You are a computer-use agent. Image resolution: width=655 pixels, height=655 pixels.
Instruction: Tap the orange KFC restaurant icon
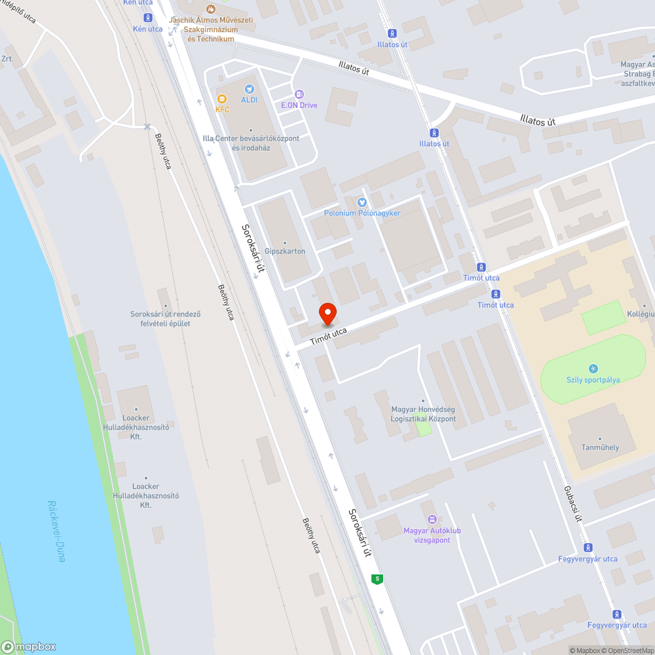coord(222,99)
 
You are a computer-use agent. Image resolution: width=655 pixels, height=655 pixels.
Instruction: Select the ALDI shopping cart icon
coord(249,89)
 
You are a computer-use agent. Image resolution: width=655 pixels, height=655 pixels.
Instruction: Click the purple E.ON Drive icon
coord(299,94)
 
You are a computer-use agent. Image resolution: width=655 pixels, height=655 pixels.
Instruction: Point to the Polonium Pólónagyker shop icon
coord(362,202)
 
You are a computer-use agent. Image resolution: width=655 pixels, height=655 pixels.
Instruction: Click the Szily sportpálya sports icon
coord(593,369)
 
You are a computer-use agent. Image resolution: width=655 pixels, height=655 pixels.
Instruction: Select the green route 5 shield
coord(377,579)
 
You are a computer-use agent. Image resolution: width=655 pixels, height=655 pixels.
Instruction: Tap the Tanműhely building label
coord(600,447)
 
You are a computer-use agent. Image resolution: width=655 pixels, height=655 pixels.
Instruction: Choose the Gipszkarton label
coord(285,251)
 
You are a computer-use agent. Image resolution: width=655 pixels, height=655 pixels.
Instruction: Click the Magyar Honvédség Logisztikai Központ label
coord(423,414)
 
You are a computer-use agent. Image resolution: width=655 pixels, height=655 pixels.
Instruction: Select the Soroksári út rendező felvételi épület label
coord(165,318)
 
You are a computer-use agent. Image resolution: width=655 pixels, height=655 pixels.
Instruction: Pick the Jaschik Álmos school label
coord(211,29)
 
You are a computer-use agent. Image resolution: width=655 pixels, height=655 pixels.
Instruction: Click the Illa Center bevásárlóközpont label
coord(251,143)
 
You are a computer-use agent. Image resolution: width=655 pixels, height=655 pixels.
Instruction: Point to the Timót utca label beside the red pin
coord(328,335)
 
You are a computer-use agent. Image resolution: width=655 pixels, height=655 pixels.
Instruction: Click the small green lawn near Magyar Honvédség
coord(424,428)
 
